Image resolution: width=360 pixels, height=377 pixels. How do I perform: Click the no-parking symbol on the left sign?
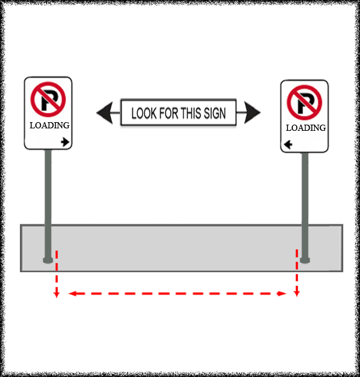[x=48, y=99]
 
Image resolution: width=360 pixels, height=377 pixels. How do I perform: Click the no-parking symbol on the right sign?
[x=304, y=102]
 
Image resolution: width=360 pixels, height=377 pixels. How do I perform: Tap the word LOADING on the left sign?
[x=50, y=125]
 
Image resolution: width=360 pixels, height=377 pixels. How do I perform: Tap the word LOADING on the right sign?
[x=306, y=128]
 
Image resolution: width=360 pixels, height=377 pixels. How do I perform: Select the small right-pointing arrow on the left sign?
[x=65, y=142]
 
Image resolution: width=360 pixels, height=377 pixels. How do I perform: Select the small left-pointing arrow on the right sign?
[x=288, y=144]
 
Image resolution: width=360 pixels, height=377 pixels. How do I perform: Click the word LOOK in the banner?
[x=144, y=113]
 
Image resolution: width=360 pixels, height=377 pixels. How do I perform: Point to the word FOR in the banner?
[x=168, y=113]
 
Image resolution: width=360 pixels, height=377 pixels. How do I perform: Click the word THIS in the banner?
[x=191, y=113]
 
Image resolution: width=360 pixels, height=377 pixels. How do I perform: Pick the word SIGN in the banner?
[x=215, y=113]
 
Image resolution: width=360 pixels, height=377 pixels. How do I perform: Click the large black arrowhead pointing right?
[x=252, y=112]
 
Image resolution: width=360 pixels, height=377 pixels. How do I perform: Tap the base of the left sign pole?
[x=48, y=260]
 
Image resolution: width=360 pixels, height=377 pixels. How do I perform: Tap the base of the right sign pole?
[x=305, y=260]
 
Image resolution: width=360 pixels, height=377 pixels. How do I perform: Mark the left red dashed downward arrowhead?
[x=56, y=295]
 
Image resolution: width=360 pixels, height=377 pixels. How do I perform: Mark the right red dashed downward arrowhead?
[x=297, y=293]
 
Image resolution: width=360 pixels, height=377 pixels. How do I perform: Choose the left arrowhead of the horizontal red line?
[x=73, y=293]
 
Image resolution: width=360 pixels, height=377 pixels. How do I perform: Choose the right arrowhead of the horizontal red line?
[x=282, y=293]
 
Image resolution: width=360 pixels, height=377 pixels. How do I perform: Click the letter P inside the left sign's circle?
[x=49, y=100]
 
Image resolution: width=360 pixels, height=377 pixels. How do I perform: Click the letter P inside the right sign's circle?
[x=305, y=104]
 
